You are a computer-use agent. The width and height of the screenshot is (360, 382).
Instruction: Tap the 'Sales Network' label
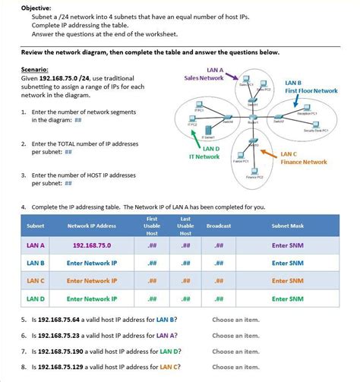pos(204,77)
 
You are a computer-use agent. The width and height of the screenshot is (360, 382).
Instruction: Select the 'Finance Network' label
pos(304,162)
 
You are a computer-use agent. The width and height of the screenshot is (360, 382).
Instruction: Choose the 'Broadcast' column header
pos(219,226)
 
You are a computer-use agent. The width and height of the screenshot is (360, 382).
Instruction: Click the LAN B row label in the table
pos(36,263)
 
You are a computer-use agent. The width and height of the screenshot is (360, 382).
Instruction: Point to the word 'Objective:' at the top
pos(36,7)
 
